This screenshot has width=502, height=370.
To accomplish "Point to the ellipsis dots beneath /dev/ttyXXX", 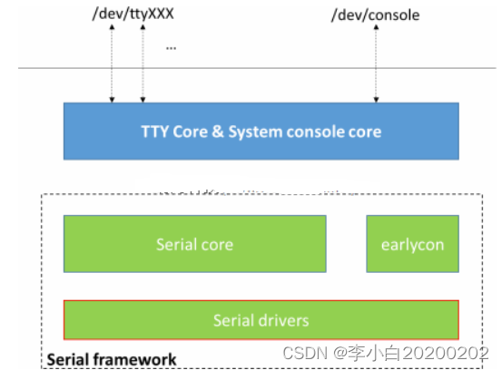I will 171,45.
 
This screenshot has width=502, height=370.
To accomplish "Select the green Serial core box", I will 194,244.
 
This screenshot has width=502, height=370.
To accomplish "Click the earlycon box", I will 412,244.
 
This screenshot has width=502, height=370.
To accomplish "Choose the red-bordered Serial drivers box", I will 261,320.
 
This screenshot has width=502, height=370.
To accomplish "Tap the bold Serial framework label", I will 111,359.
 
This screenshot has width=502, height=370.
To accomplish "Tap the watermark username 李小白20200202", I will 421,352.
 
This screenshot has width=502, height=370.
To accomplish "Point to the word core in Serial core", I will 218,244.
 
